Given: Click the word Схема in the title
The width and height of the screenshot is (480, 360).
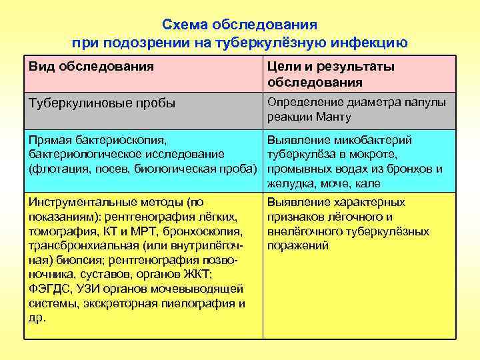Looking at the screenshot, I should [185, 25].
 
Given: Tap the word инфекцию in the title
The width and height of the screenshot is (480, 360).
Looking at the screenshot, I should [369, 43].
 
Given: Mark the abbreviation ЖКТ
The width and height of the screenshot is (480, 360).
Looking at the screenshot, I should [199, 274].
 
